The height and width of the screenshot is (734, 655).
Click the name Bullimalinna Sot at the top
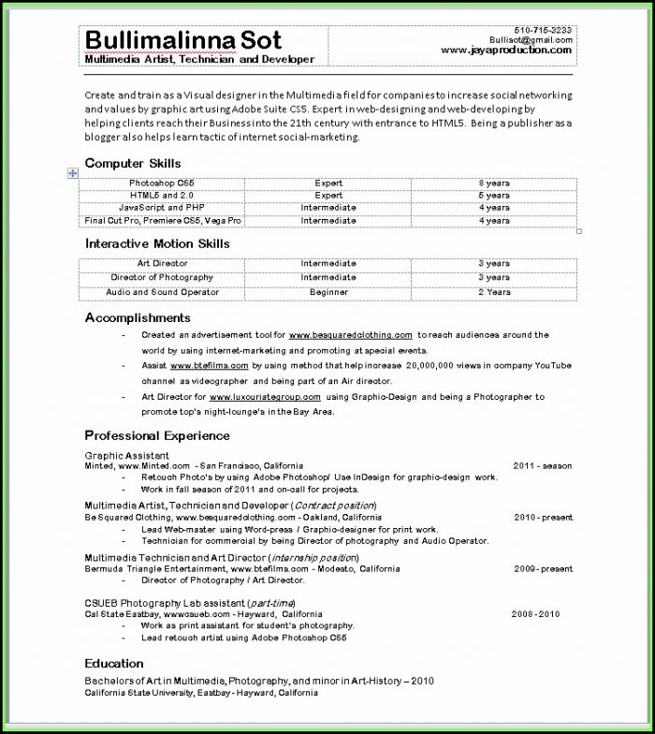[x=182, y=39]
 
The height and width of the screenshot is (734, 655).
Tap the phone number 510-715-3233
[x=543, y=30]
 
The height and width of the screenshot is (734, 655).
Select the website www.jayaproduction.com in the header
[x=505, y=51]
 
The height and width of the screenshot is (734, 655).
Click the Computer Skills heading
[x=133, y=164]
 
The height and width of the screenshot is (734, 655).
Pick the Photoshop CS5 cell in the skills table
[x=162, y=183]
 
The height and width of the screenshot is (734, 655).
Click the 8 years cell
[x=494, y=183]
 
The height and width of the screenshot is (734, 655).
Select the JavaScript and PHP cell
[x=162, y=208]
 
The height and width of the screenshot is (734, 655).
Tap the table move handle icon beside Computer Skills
[x=72, y=174]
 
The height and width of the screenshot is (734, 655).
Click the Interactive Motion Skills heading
[x=157, y=243]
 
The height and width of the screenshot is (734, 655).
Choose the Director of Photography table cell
[x=162, y=278]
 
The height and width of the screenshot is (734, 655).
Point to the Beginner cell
[x=328, y=292]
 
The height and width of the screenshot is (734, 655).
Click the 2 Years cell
[x=494, y=292]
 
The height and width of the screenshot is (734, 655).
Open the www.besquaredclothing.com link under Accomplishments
[x=351, y=335]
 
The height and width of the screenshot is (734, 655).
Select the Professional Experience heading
[x=157, y=435]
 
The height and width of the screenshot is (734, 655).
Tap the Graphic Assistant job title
[x=126, y=455]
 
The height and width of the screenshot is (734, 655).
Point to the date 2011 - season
[x=542, y=465]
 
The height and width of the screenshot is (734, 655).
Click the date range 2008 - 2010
[x=535, y=614]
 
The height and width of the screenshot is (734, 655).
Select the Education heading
[x=114, y=663]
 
